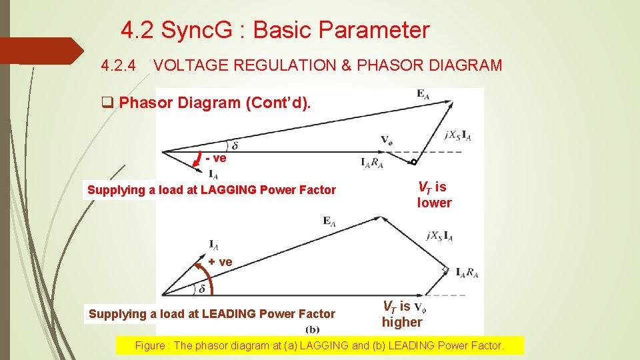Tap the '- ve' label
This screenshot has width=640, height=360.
[x=216, y=158]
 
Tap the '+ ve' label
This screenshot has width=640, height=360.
[x=220, y=262]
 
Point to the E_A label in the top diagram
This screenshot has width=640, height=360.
[x=423, y=95]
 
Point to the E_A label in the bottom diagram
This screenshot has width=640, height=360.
[x=329, y=221]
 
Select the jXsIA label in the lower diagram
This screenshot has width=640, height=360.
[x=439, y=235]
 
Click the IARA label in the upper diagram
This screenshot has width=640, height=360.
[x=371, y=163]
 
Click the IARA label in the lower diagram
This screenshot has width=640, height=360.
[x=467, y=272]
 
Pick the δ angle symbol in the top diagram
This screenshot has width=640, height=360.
[x=235, y=145]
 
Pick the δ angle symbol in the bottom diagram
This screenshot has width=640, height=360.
[x=202, y=289]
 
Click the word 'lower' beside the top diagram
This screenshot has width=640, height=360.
[x=434, y=203]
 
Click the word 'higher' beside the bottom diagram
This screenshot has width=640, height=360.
[x=402, y=322]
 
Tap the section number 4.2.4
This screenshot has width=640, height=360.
[x=119, y=65]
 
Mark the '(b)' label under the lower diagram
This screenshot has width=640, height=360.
[x=312, y=331]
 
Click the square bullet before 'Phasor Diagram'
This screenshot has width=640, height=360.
[x=106, y=103]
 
